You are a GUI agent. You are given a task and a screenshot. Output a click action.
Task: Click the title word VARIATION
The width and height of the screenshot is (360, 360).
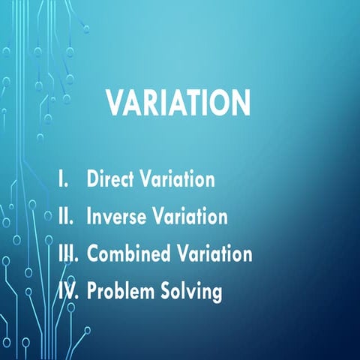pyautogui.click(x=178, y=103)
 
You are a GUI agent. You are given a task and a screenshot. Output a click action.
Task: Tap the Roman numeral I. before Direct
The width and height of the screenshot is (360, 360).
pyautogui.click(x=65, y=180)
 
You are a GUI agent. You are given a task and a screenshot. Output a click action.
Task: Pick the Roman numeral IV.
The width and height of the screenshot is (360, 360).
pyautogui.click(x=69, y=290)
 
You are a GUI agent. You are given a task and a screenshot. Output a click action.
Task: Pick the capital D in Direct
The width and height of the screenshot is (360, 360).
pyautogui.click(x=93, y=180)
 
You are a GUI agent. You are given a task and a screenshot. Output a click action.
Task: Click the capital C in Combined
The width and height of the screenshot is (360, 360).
pyautogui.click(x=93, y=253)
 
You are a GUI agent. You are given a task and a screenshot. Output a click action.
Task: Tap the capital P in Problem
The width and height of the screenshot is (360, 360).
pyautogui.click(x=92, y=290)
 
